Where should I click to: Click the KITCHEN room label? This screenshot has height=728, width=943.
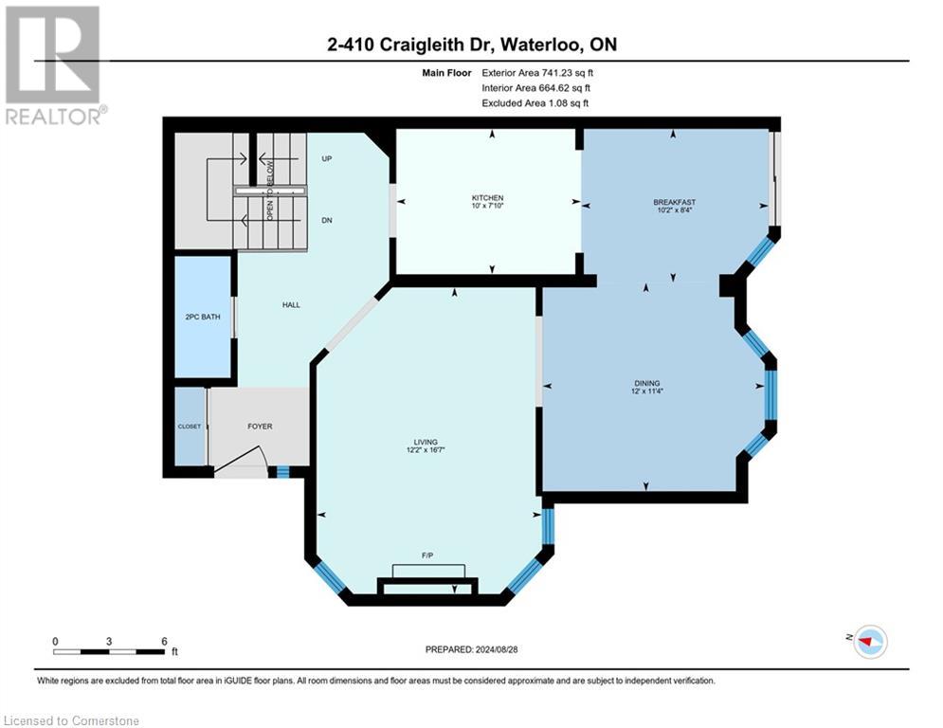point(488,198)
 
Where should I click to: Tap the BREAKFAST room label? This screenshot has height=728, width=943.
point(674,202)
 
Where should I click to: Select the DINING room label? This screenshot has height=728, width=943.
point(646,383)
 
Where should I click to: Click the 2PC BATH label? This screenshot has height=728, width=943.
point(204,317)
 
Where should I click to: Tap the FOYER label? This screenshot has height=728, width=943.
point(260,427)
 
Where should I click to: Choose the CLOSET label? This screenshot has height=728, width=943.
point(190,427)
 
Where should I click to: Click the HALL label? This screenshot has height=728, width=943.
point(291,304)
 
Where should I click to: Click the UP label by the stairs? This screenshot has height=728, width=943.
point(326,158)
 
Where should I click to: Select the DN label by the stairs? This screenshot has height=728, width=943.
point(326,220)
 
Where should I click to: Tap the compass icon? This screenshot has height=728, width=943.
point(869,642)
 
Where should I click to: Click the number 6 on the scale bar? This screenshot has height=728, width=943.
point(164,642)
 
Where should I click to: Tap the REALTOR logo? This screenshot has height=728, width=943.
point(53,64)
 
